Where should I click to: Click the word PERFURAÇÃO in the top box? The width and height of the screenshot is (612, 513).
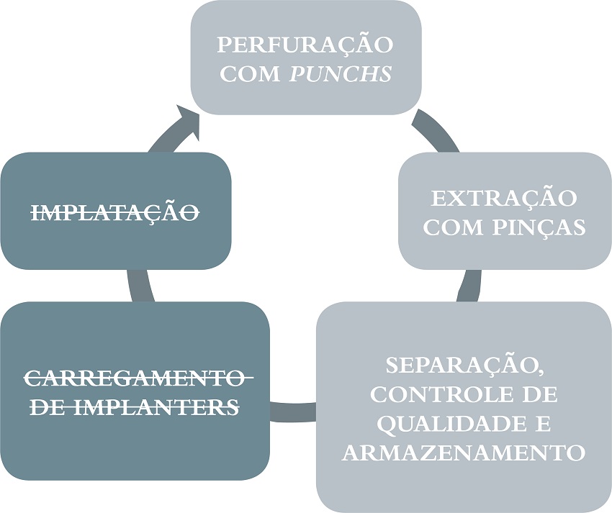click(x=305, y=45)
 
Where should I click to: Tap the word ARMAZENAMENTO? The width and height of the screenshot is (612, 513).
click(x=463, y=453)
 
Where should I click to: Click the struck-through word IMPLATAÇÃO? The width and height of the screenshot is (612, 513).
click(x=116, y=212)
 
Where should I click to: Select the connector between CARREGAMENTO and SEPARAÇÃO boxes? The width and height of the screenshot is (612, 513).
click(x=293, y=412)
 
